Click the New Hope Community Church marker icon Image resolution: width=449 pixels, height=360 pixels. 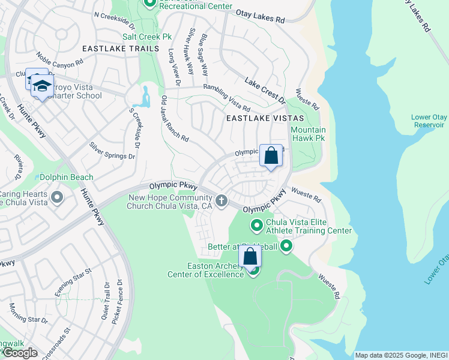click(x=221, y=200)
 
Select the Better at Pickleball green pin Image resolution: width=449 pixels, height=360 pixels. click(x=286, y=246)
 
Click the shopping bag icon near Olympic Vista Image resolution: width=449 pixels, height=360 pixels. click(x=271, y=156)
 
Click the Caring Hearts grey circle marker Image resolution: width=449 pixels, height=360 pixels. click(x=57, y=197)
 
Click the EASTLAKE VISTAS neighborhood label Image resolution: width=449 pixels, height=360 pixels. click(x=265, y=119)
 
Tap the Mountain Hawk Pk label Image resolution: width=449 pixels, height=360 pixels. click(x=308, y=134)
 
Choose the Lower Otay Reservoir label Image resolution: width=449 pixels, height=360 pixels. click(x=427, y=121)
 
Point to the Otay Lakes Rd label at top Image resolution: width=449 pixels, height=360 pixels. click(x=259, y=19)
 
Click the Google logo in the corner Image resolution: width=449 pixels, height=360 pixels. click(x=19, y=353)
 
